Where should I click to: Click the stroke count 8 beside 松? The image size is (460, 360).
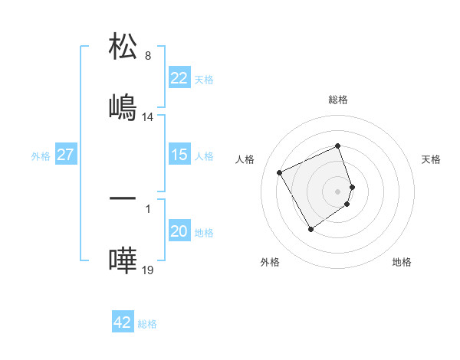pos(148,56)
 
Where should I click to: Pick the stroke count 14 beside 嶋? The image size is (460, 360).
pos(148,117)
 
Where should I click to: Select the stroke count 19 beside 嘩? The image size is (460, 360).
pos(148,271)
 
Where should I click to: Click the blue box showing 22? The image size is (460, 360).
pos(179,78)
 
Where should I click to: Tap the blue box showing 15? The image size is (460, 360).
pos(179,155)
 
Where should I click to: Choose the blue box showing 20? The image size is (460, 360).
pos(179,232)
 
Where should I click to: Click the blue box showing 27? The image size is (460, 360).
pos(65,155)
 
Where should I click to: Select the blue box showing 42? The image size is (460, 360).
pos(122,322)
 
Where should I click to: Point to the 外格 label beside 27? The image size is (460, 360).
pos(41,156)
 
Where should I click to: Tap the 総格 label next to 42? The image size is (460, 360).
pos(147,324)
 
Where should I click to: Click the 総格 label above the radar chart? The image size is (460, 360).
pos(338,100)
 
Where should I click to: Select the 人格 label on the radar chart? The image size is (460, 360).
pos(245,159)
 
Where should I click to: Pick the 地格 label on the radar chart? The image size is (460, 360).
pos(402,262)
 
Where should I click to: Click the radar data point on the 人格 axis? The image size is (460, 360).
pos(281,172)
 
